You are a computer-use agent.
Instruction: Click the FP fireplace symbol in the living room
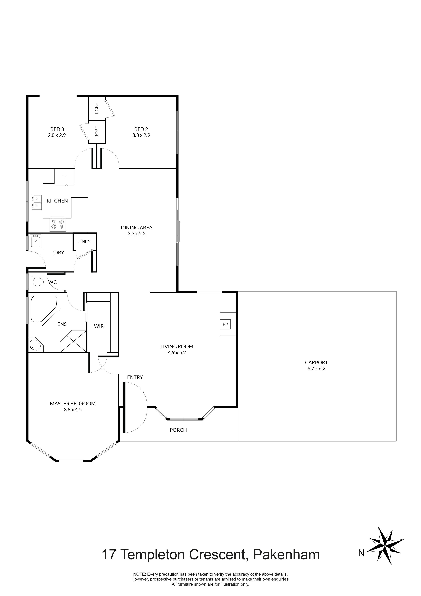pos(225,325)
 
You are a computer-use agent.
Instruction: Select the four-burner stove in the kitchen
pos(58,224)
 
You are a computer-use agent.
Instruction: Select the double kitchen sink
pos(36,202)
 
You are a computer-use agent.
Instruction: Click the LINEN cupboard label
pos(84,241)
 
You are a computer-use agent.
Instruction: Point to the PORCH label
pos(178,430)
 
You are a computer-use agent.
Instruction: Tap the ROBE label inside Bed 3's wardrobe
pos(97,132)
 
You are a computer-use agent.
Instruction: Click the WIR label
pos(99,326)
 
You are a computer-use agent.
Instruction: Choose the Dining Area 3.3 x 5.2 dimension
pos(136,233)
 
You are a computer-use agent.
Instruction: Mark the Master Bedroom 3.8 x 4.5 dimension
pos(73,410)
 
